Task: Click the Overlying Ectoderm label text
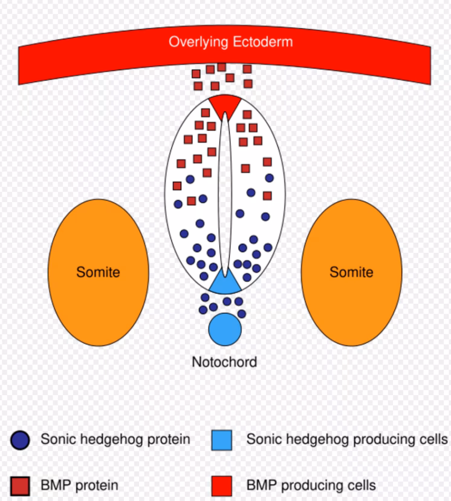230,42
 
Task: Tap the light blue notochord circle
225,329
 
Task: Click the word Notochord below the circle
224,362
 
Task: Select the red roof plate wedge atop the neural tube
225,104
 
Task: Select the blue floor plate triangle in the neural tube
225,282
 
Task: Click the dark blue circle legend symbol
20,440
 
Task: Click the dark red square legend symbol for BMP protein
20,485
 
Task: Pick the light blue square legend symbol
222,440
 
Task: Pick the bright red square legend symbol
222,485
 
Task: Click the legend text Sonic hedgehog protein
115,439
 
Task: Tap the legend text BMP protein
79,485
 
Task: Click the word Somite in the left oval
98,272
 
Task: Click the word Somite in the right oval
351,272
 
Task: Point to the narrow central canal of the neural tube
225,194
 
